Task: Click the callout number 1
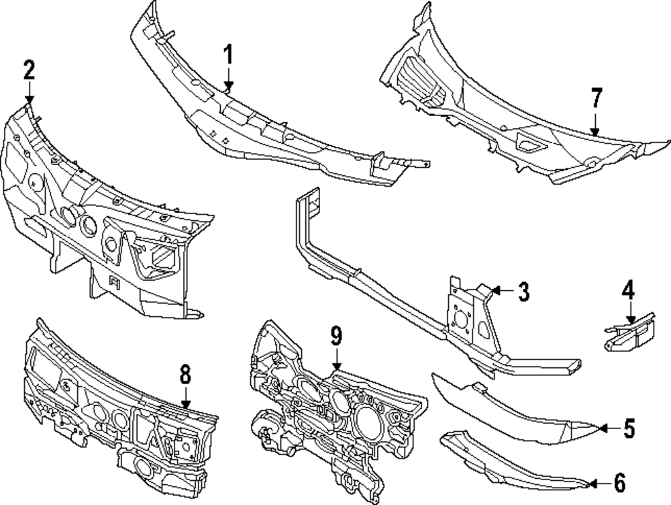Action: (228, 54)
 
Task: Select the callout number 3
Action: (523, 291)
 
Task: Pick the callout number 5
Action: (628, 428)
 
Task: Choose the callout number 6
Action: (619, 481)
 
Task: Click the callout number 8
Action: (186, 373)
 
